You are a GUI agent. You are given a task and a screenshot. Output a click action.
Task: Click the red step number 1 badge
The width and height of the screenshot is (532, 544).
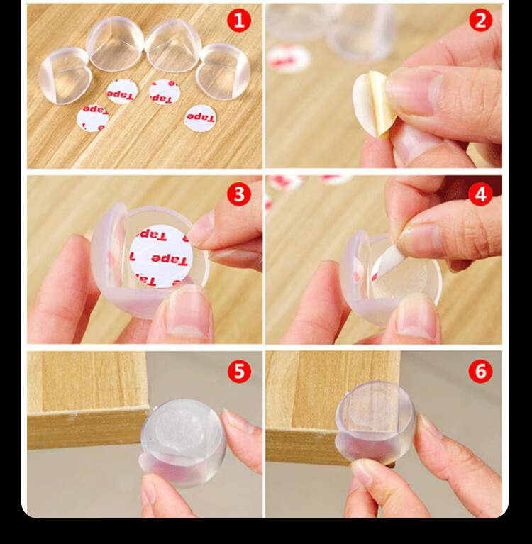coord(239,21)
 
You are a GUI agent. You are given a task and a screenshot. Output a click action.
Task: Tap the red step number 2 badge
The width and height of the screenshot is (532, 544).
coord(481,20)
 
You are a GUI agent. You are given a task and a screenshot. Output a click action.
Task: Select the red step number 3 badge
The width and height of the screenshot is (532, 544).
coord(239,194)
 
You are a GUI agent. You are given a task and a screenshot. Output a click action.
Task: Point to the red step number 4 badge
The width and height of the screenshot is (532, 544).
coord(481,194)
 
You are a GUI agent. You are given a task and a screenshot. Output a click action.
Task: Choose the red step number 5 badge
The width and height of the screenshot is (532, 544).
coord(239,371)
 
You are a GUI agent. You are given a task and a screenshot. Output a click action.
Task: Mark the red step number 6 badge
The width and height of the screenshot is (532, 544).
coord(481,371)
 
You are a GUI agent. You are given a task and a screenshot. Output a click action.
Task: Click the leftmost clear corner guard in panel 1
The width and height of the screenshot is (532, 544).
coord(65,75)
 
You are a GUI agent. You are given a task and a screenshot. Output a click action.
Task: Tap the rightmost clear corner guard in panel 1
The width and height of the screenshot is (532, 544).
coord(223,71)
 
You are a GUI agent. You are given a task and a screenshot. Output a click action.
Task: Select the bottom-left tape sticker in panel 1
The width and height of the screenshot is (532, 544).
coord(92,118)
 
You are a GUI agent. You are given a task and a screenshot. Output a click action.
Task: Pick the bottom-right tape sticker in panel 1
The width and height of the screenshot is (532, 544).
coord(200,118)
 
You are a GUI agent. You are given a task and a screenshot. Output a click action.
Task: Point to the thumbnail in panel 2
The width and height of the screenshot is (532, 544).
coord(409,91)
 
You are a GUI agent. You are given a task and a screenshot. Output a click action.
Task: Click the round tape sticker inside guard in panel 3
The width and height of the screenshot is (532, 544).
coord(161,256)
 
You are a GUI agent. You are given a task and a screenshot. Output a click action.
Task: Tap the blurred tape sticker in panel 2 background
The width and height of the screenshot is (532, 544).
coord(289,59)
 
